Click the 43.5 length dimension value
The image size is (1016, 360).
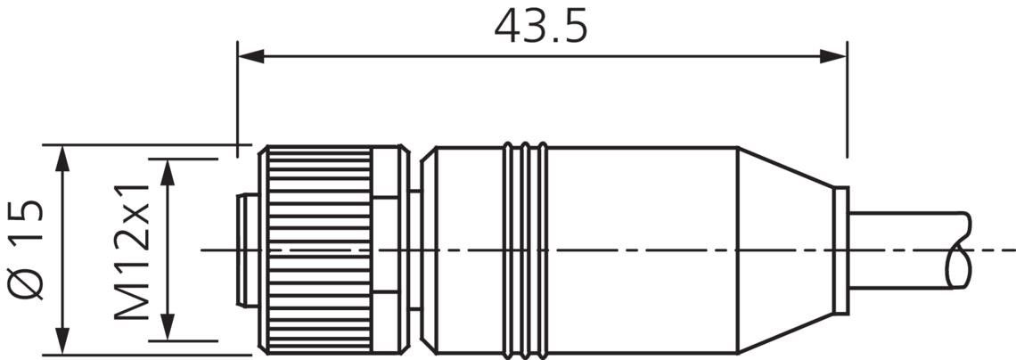pos(541,27)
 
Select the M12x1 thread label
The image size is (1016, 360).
pos(133,253)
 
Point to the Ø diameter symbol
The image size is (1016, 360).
pos(28,282)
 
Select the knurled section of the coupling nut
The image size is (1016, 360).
pos(319,250)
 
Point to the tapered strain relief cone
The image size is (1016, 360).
pos(784,250)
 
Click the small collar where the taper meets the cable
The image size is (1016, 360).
pos(840,250)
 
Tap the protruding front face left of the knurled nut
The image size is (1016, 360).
pos(246,250)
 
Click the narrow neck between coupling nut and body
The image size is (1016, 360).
pos(414,250)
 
